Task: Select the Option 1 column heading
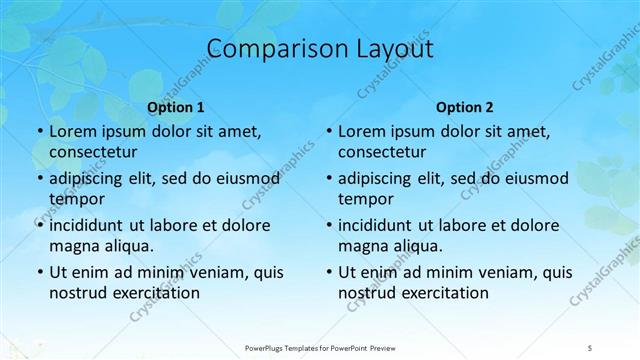pyautogui.click(x=176, y=107)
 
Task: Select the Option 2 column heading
pyautogui.click(x=465, y=107)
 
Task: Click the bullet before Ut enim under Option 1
pyautogui.click(x=38, y=272)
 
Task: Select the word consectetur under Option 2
pyautogui.click(x=384, y=152)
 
